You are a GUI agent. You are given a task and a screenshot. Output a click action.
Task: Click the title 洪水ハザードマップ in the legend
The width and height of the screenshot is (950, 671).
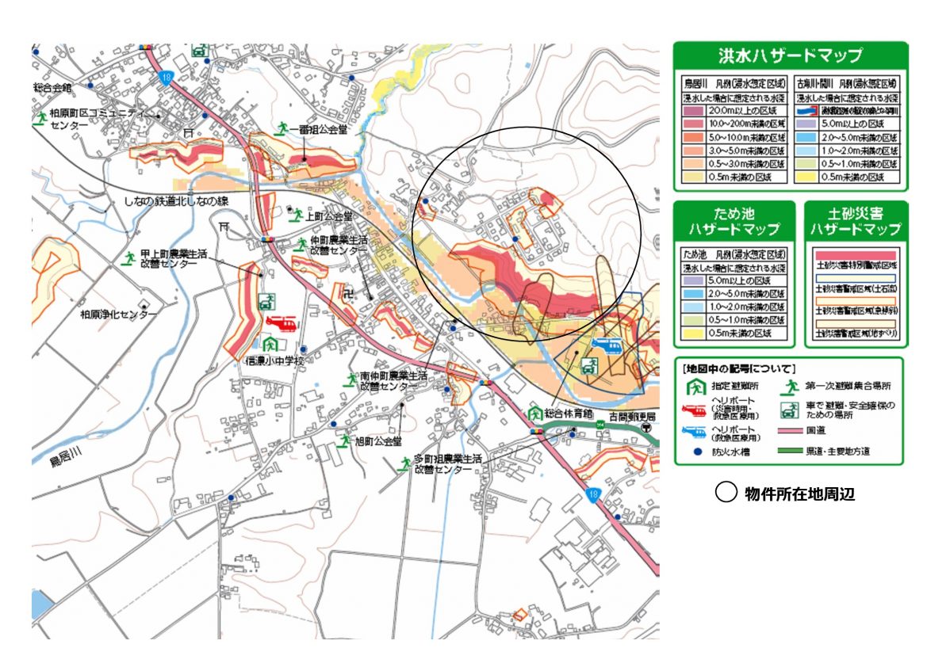pyautogui.click(x=790, y=57)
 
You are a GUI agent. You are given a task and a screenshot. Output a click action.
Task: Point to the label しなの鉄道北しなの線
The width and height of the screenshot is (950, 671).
pyautogui.click(x=175, y=201)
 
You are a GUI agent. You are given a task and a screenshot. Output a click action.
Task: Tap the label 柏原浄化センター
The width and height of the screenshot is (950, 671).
pyautogui.click(x=119, y=315)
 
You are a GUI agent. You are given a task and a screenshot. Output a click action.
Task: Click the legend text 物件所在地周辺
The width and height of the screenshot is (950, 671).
pyautogui.click(x=799, y=494)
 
